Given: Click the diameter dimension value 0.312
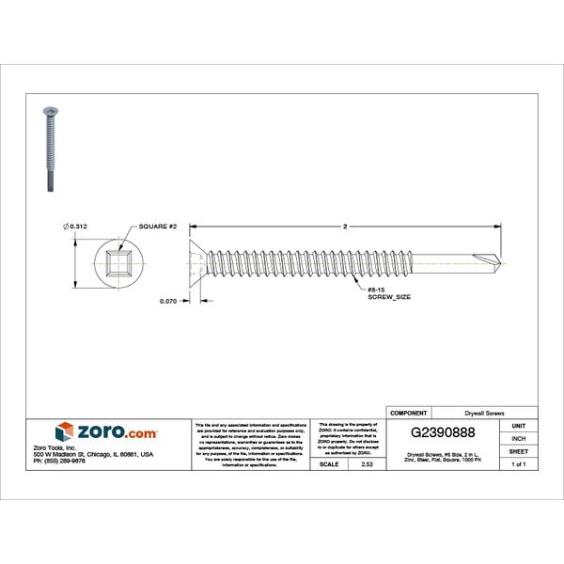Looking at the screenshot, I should pyautogui.click(x=78, y=227).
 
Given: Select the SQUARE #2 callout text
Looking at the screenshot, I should pyautogui.click(x=158, y=227).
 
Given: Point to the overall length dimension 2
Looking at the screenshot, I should pyautogui.click(x=345, y=227).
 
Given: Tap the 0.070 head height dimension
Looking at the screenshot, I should pyautogui.click(x=168, y=301).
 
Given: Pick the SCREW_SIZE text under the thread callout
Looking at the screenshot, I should pyautogui.click(x=387, y=296).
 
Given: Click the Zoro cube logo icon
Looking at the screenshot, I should pyautogui.click(x=65, y=431).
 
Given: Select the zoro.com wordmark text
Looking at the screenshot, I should pyautogui.click(x=117, y=431).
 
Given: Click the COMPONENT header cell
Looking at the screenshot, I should pyautogui.click(x=408, y=413).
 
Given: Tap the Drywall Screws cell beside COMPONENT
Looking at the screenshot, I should pyautogui.click(x=484, y=413).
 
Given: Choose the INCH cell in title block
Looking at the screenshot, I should pyautogui.click(x=518, y=438).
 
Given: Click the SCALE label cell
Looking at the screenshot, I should pyautogui.click(x=329, y=464).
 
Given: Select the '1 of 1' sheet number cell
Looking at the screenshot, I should pyautogui.click(x=518, y=464).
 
